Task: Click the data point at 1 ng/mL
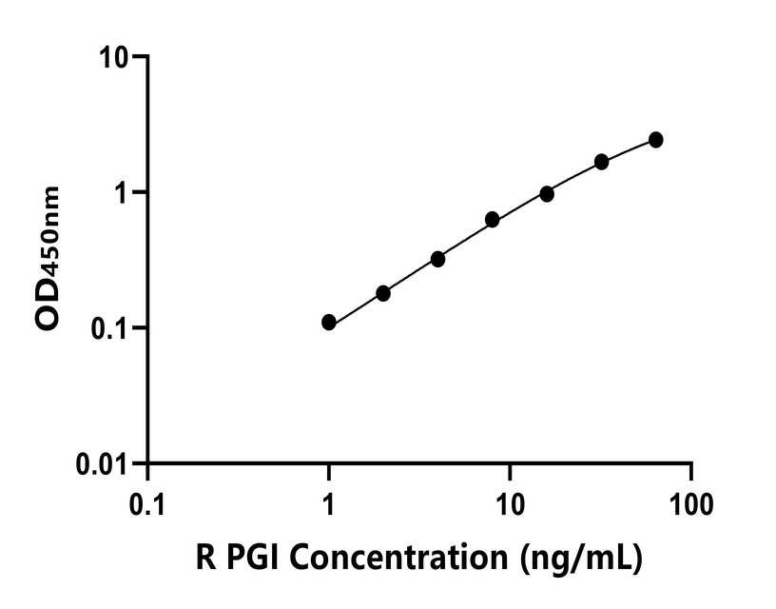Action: click(x=329, y=323)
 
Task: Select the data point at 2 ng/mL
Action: click(x=383, y=293)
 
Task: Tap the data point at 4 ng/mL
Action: click(x=438, y=259)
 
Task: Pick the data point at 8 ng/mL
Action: click(x=493, y=220)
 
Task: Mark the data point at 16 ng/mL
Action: click(x=547, y=194)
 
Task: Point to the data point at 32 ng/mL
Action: click(x=602, y=162)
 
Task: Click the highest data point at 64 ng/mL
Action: click(x=656, y=140)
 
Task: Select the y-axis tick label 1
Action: click(x=123, y=193)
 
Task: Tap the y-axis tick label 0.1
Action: click(x=111, y=329)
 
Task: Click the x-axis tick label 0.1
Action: click(x=147, y=501)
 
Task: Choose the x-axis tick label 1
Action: click(x=329, y=501)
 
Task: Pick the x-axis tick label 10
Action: click(x=510, y=501)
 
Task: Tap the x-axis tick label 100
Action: click(x=690, y=501)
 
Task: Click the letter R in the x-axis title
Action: click(x=204, y=557)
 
